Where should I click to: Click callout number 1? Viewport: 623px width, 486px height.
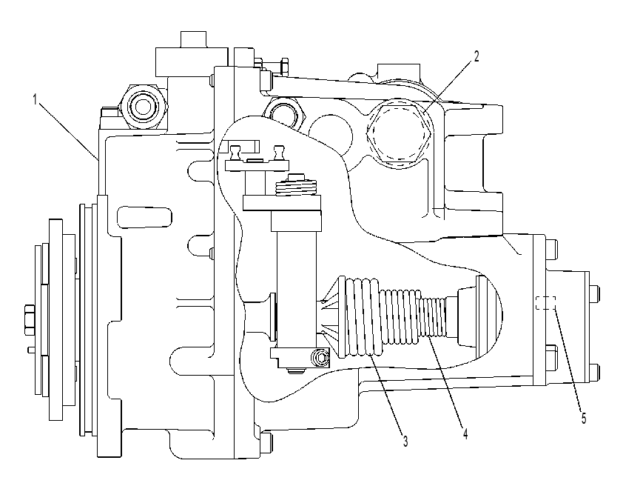coord(36,99)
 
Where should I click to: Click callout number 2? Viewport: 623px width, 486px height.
coord(476,56)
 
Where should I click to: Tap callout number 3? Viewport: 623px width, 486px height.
coord(405,441)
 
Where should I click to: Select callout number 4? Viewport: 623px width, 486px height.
coord(465,433)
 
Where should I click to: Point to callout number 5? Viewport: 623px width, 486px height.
coord(584,419)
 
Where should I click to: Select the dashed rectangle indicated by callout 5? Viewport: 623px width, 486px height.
coord(545,303)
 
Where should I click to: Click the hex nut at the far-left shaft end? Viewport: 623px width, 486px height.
coord(30,320)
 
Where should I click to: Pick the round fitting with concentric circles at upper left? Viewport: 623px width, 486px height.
coord(143,106)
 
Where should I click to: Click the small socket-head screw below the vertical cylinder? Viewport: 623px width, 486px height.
coord(321,358)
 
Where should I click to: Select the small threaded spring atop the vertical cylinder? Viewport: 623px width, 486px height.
coord(297,186)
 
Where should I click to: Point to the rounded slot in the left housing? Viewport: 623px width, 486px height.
coord(145,217)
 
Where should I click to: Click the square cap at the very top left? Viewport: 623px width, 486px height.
coord(194,39)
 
